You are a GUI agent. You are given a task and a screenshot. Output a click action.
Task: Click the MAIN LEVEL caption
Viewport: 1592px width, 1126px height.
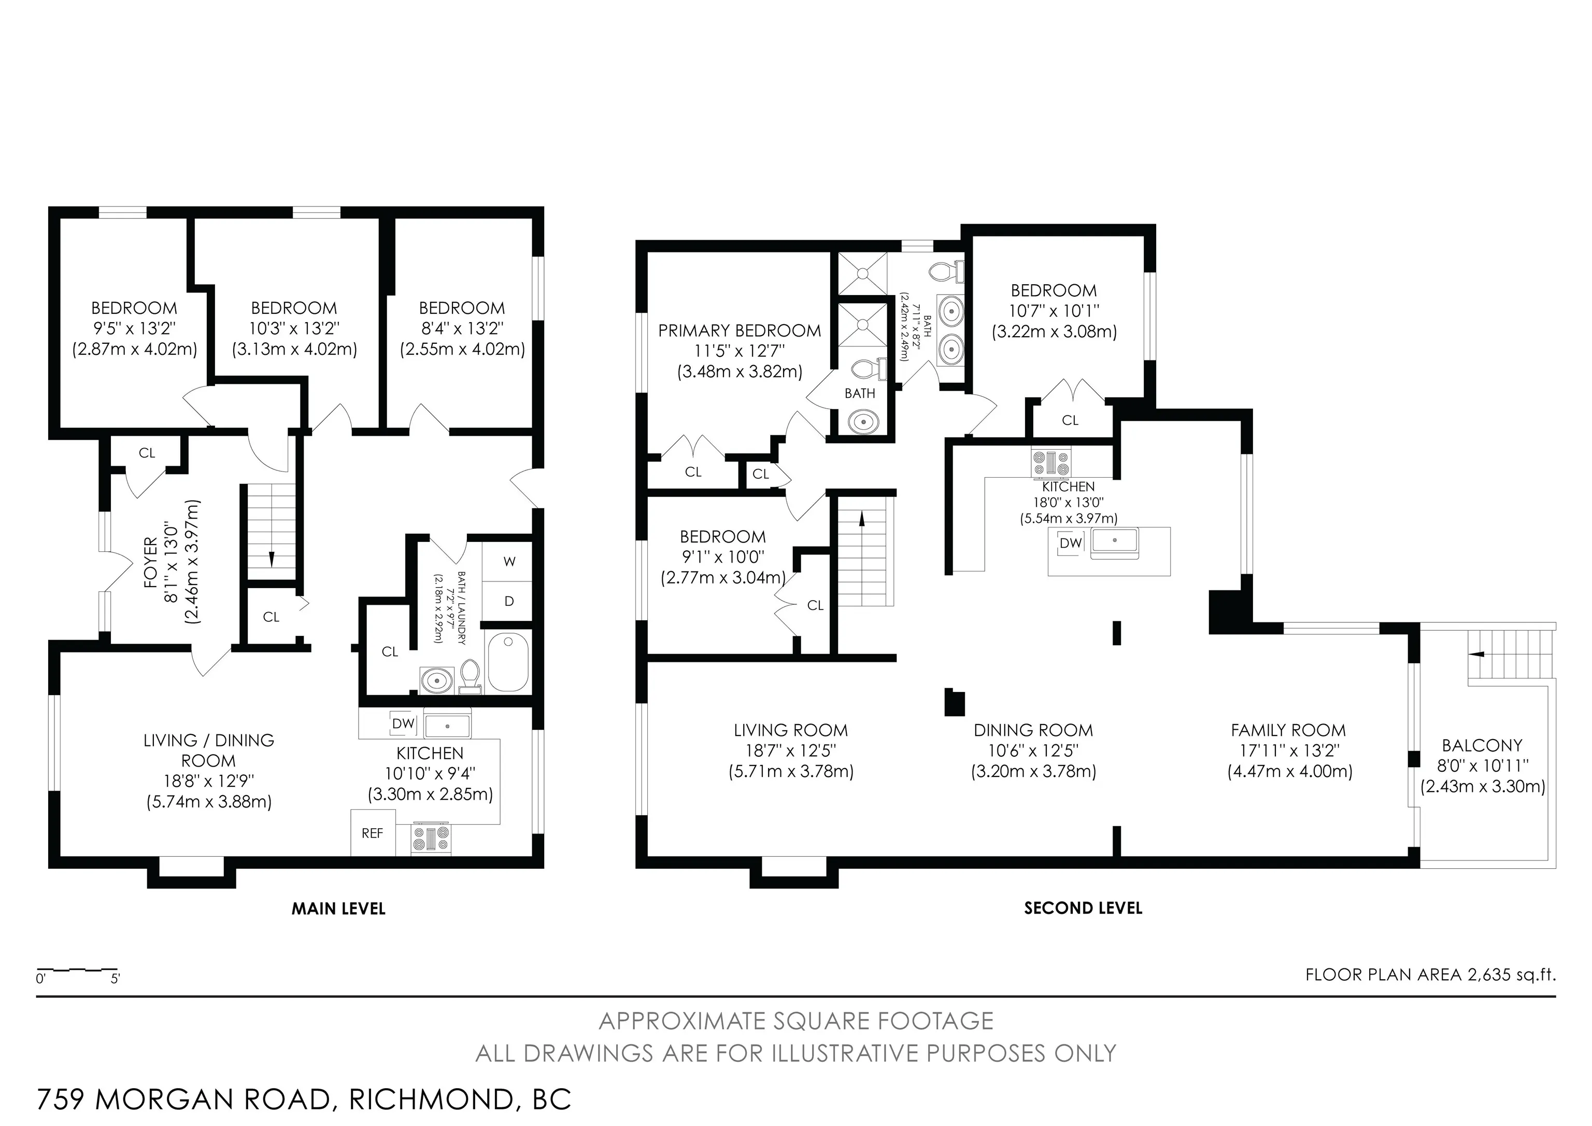coord(338,908)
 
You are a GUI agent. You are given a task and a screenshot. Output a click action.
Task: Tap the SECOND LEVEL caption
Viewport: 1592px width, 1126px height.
coord(1083,908)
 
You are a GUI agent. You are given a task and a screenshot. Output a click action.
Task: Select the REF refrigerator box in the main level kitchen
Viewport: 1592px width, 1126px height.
coord(372,832)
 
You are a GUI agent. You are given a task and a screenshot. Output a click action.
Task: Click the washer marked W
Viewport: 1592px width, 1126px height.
coord(509,561)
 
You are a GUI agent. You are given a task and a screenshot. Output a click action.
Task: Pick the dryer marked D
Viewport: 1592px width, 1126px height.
coord(509,601)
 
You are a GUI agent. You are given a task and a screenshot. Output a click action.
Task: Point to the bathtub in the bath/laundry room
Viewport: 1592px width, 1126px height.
coord(508,662)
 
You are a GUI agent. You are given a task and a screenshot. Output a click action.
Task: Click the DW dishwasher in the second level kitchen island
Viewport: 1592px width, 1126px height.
coord(1071,543)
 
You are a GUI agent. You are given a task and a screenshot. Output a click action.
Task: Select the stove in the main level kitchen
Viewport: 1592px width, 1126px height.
coord(431,838)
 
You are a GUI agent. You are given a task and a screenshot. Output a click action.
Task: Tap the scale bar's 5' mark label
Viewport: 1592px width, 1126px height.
coord(115,979)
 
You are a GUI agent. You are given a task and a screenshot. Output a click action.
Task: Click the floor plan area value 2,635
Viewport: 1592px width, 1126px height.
coord(1489,975)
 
